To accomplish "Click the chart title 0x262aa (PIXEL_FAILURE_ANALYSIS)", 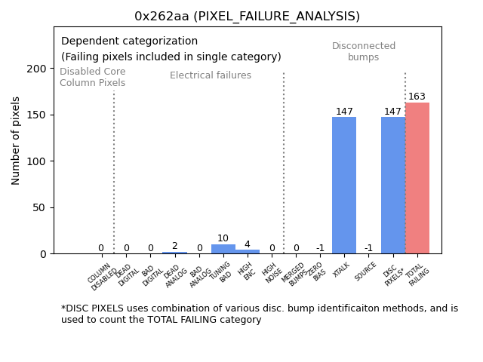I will pyautogui.click(x=247, y=16).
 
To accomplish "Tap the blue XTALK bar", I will pyautogui.click(x=344, y=186).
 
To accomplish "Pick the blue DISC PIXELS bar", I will pyautogui.click(x=392, y=186).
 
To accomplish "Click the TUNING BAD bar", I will pyautogui.click(x=223, y=249).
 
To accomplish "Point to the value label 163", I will pyautogui.click(x=417, y=97).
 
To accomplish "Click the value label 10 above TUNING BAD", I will pyautogui.click(x=223, y=238).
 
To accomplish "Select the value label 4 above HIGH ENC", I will pyautogui.click(x=247, y=244).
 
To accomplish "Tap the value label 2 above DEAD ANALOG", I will pyautogui.click(x=174, y=246).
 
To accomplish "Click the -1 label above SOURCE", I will pyautogui.click(x=368, y=248).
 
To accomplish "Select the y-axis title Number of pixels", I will pyautogui.click(x=16, y=140).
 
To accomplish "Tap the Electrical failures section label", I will pyautogui.click(x=211, y=75).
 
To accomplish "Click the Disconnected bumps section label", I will pyautogui.click(x=364, y=51).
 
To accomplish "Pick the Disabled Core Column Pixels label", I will pyautogui.click(x=93, y=77).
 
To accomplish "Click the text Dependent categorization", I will pyautogui.click(x=129, y=41).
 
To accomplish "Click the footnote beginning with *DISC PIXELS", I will pyautogui.click(x=260, y=314).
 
